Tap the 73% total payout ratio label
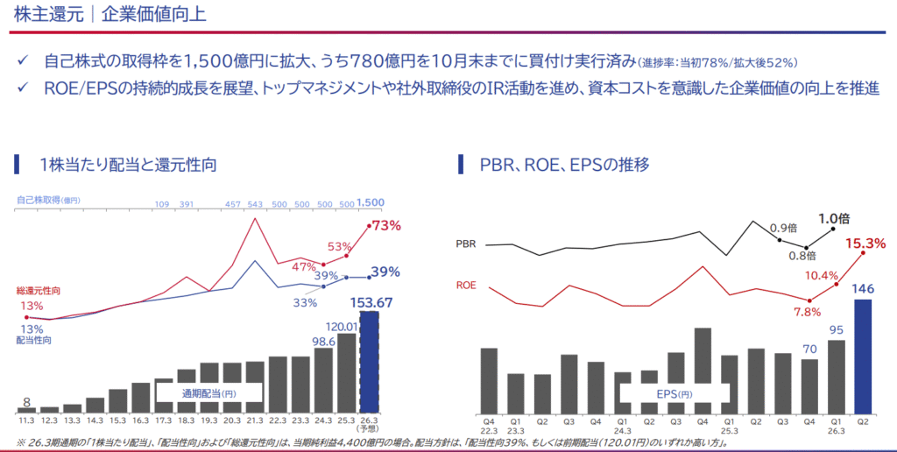pyautogui.click(x=386, y=226)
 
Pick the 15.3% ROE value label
pyautogui.click(x=866, y=243)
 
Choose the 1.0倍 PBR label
pyautogui.click(x=833, y=219)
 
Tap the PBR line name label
pyautogui.click(x=467, y=244)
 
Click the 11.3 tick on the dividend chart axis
pyautogui.click(x=27, y=420)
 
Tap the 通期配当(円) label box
pyautogui.click(x=210, y=393)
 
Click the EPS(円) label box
pyautogui.click(x=674, y=393)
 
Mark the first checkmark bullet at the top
pyautogui.click(x=24, y=62)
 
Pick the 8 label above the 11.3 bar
pyautogui.click(x=27, y=401)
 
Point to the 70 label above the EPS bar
pyautogui.click(x=809, y=348)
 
